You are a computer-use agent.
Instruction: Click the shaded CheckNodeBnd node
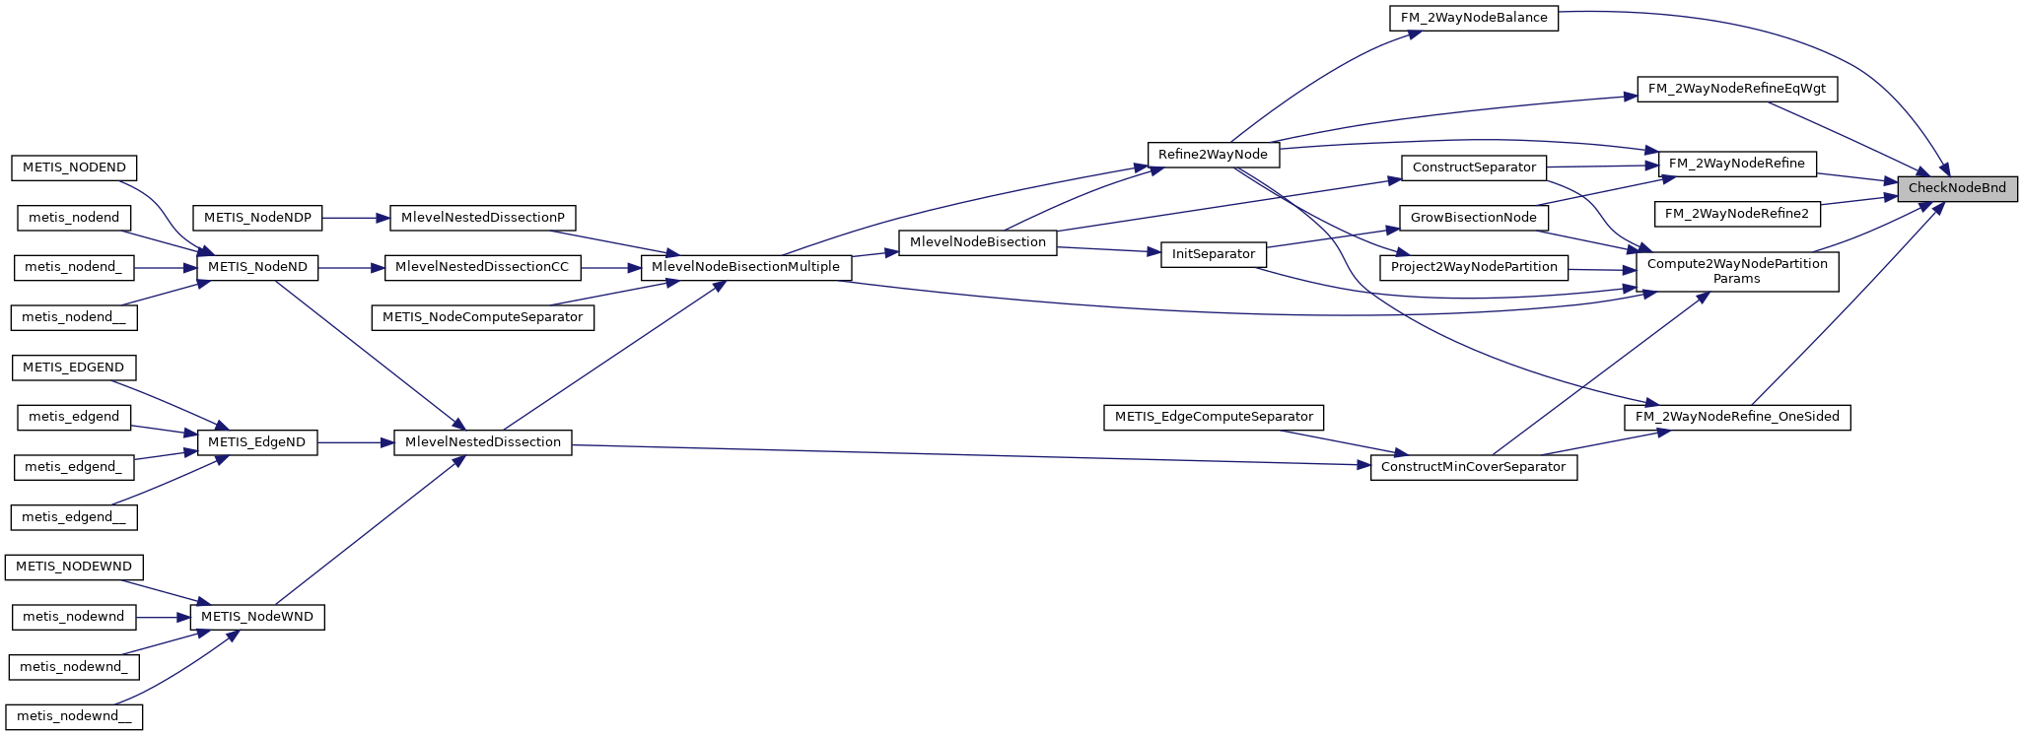1957,188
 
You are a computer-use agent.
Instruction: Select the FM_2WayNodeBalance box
1474,18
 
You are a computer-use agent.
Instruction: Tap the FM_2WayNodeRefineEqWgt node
1736,89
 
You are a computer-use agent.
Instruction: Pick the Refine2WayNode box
1213,155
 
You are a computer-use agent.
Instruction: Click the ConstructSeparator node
1474,167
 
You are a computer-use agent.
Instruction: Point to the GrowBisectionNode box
1473,218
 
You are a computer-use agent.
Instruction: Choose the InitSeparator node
1213,254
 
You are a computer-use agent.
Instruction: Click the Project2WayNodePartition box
1474,267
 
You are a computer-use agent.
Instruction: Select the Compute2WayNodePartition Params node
1736,271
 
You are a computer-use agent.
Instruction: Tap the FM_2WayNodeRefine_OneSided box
1736,417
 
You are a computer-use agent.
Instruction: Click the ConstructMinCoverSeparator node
1473,467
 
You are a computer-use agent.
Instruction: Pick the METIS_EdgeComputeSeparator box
1213,417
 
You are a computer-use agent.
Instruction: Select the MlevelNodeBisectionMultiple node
745,267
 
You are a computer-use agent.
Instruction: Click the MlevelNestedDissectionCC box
482,267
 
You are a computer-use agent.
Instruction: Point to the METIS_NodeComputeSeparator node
482,317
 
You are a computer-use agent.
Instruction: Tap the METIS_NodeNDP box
257,218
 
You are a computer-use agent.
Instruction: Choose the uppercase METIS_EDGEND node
73,368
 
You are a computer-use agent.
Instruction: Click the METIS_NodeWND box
256,617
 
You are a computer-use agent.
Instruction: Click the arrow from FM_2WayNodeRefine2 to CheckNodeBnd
1858,201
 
